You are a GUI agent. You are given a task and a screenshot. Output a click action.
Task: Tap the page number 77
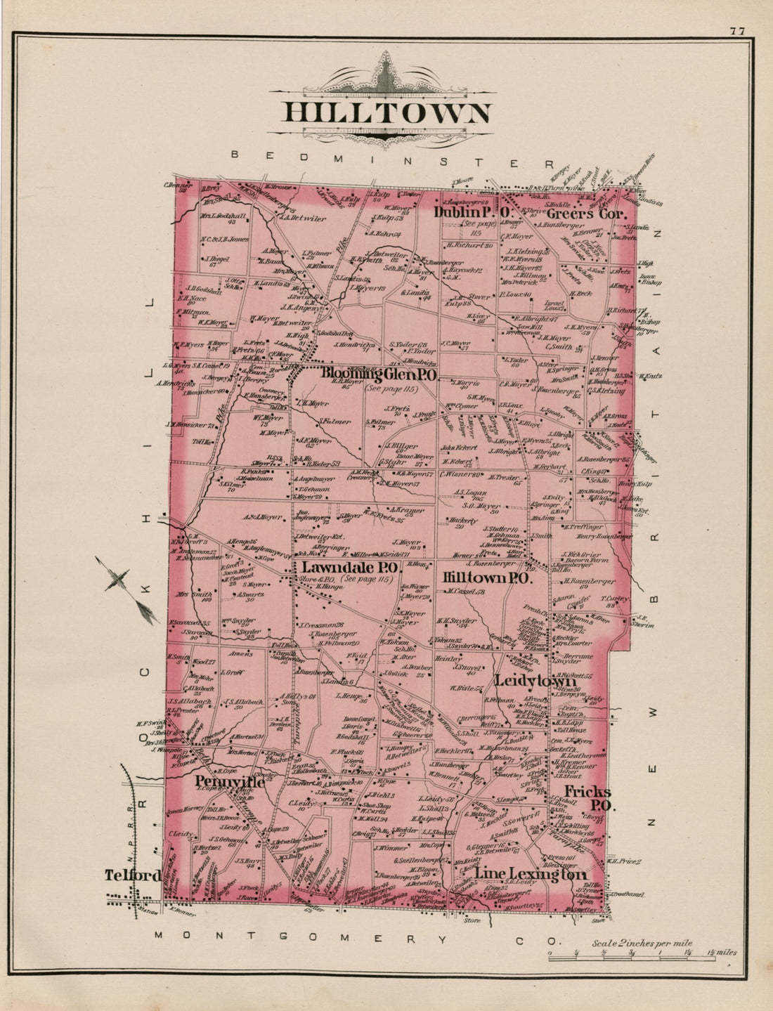[737, 30]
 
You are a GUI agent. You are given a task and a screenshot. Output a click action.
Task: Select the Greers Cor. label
[586, 213]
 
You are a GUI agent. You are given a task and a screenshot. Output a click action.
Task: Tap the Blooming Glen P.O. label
[379, 374]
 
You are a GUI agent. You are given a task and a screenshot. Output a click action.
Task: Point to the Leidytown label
[535, 681]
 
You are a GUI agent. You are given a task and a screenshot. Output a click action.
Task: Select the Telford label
[132, 875]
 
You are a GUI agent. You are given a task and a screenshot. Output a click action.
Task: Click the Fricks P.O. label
[591, 798]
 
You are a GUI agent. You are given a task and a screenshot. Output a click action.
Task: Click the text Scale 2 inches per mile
[642, 943]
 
